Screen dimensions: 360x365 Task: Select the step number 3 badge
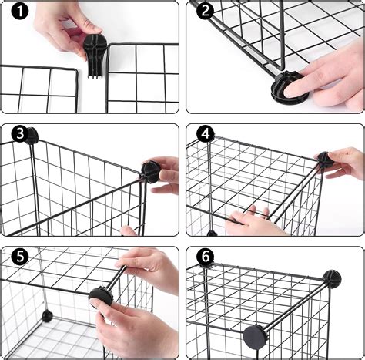(x=18, y=134)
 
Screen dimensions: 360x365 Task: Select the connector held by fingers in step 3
(x=149, y=171)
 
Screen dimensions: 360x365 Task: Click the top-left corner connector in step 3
(x=32, y=137)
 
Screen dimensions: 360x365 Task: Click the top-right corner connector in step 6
(x=333, y=277)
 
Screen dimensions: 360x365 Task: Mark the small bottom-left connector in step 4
(x=210, y=232)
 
